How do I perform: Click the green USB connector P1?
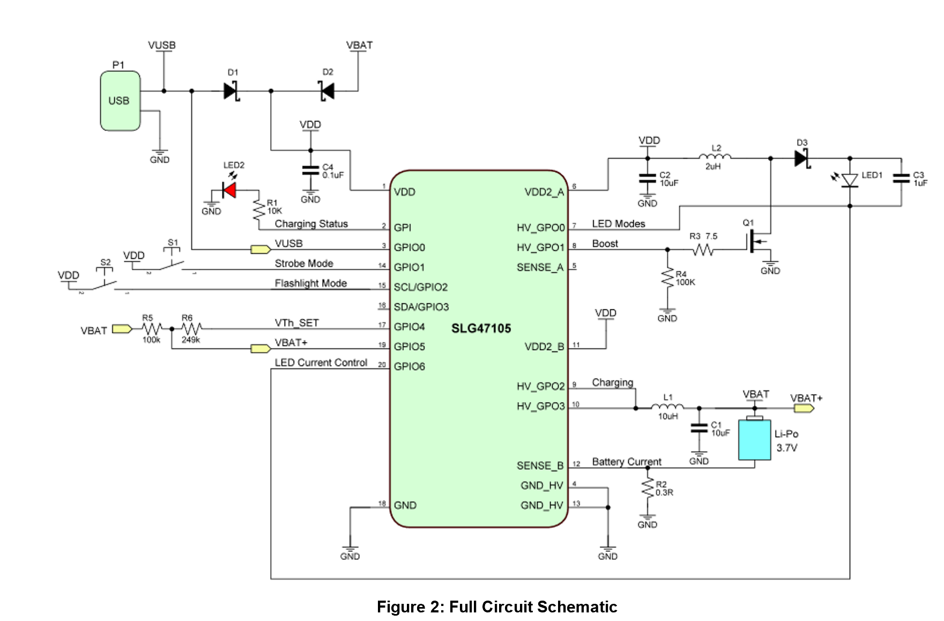[x=120, y=101]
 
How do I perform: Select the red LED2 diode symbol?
[x=230, y=190]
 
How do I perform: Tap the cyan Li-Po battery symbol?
[x=754, y=440]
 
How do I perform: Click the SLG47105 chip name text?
[x=481, y=328]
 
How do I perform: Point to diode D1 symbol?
[x=232, y=91]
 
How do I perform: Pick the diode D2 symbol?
[x=327, y=91]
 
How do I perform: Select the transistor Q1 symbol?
[x=757, y=242]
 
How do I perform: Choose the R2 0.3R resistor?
[x=648, y=489]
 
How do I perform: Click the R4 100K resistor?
[x=667, y=278]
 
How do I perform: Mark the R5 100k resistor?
[x=152, y=329]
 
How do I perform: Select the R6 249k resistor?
[x=191, y=329]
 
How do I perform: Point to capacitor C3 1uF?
[x=901, y=178]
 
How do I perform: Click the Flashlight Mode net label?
[x=310, y=283]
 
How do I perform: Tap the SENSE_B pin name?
[x=540, y=465]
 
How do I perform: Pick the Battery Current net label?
[x=626, y=462]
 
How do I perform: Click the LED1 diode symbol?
[x=850, y=180]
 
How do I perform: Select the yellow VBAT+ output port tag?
[x=804, y=409]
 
